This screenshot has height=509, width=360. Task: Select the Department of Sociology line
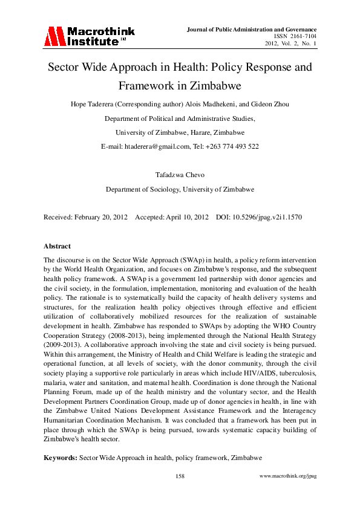click(180, 189)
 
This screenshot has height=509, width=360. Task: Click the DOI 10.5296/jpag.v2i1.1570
click(272, 216)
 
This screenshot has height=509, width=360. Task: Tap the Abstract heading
click(57, 246)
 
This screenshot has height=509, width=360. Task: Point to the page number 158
click(180, 476)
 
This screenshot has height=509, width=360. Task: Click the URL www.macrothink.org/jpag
click(287, 476)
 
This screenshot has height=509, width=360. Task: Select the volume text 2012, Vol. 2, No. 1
click(291, 44)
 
